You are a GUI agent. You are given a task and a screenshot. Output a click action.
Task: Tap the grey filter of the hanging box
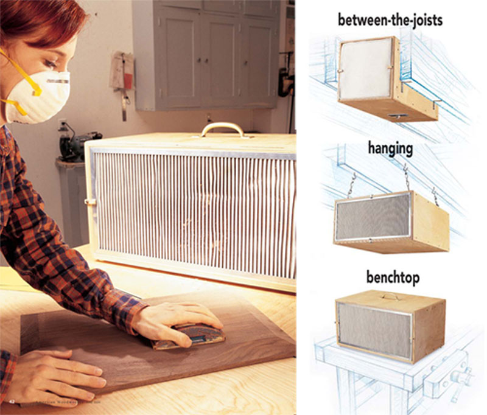tap(372, 218)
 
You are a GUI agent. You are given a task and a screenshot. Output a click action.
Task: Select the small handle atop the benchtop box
tap(393, 296)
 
